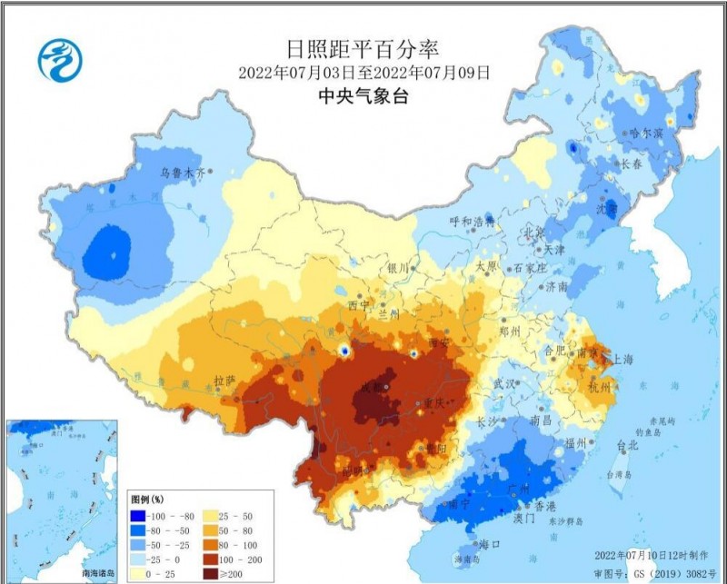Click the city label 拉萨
224,379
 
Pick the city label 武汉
503,384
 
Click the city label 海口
490,544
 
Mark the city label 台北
627,446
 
